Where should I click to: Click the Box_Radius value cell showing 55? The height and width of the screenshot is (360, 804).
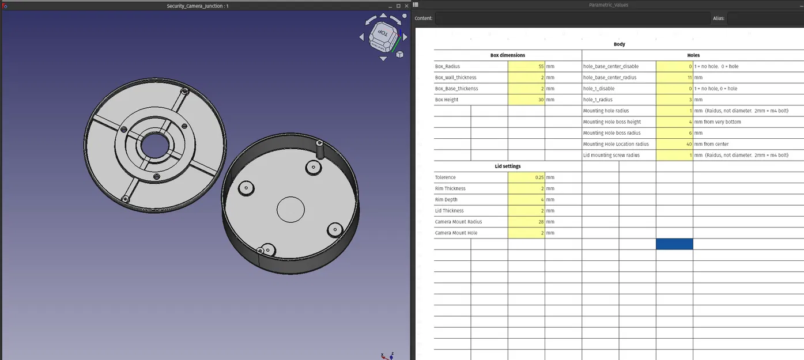click(526, 66)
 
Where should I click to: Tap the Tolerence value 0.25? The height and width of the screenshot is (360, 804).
click(526, 177)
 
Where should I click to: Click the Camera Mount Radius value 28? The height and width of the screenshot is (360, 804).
click(526, 222)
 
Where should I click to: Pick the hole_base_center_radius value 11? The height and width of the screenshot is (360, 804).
click(674, 77)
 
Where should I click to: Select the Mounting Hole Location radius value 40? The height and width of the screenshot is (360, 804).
click(674, 144)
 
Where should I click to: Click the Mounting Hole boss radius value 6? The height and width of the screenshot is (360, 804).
click(674, 133)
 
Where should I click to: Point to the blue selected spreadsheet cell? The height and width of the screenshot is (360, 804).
click(674, 244)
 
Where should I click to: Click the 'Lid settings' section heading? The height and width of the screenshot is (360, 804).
click(507, 166)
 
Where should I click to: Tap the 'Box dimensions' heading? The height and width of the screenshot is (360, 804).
click(507, 55)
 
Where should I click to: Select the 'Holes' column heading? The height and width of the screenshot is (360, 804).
click(693, 55)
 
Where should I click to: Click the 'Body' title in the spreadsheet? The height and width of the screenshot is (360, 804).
click(619, 44)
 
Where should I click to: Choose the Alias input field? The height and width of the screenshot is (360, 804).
click(765, 18)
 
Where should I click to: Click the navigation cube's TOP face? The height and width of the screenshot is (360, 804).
click(382, 34)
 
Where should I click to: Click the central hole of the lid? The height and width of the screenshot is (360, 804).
click(153, 145)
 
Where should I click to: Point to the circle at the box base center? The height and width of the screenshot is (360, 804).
click(290, 210)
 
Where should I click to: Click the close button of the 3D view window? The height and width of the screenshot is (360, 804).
click(406, 6)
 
